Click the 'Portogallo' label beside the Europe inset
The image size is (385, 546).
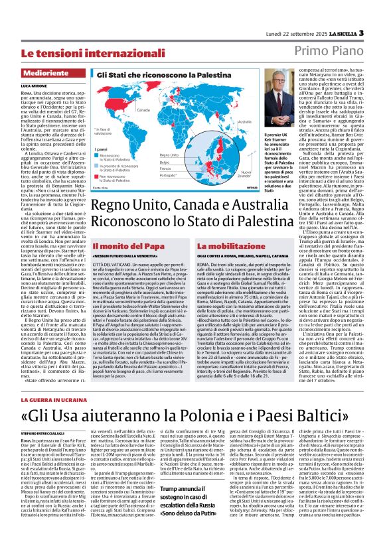188,175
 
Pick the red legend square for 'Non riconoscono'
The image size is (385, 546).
99,176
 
